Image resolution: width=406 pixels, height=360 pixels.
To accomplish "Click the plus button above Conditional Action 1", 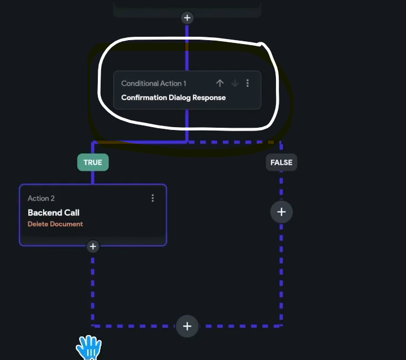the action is point(187,18).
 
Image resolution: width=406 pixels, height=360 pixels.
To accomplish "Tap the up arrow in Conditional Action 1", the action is point(220,83).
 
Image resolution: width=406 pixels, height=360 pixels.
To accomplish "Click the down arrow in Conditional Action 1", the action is point(235,83).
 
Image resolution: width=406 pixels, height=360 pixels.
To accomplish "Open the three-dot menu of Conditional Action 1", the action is point(248,83).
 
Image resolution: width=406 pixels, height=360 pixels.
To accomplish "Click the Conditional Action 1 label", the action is point(154,83).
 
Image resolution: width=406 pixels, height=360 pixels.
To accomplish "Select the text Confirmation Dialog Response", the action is point(174,98).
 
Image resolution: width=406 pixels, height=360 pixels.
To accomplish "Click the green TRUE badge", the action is point(93,162).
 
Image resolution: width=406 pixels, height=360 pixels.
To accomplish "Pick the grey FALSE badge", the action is point(282,162).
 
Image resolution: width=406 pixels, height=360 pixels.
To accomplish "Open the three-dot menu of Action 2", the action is point(153,198).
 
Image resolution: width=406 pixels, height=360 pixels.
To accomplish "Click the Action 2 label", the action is point(41,198).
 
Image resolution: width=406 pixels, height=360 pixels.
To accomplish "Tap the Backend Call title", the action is point(54,212).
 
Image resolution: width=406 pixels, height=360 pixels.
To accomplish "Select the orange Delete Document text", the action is point(55,224).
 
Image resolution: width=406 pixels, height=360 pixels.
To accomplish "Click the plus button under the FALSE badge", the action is point(282,212).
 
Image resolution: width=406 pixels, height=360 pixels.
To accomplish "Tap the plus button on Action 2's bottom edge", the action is point(93,246).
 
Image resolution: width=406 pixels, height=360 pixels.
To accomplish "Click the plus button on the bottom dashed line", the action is point(187,326).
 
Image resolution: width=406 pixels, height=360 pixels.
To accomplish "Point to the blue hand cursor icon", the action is point(89,347).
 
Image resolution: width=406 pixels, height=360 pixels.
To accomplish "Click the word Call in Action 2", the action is point(72,212).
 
